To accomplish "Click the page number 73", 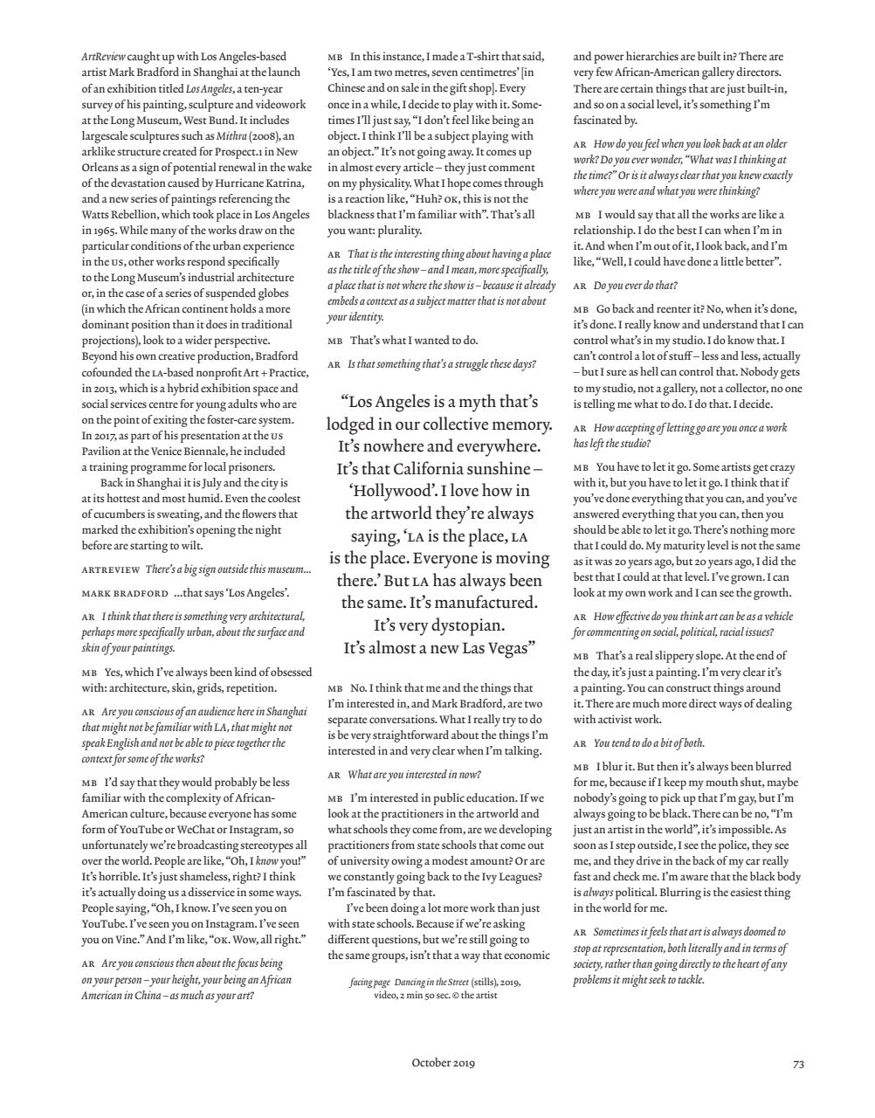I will [x=798, y=1063].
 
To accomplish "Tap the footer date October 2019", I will [x=443, y=1063].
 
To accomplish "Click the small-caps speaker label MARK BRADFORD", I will [x=125, y=593].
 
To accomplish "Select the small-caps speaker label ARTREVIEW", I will [x=111, y=569].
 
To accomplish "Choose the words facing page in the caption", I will [x=370, y=983].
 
